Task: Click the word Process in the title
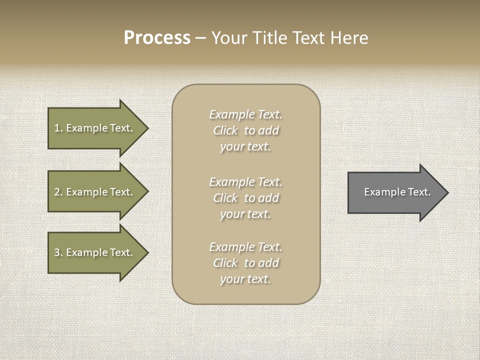pyautogui.click(x=157, y=38)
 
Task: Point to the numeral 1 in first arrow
pyautogui.click(x=57, y=128)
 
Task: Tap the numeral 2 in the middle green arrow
pyautogui.click(x=57, y=192)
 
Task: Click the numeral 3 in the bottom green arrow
pyautogui.click(x=57, y=252)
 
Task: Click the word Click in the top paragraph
pyautogui.click(x=225, y=130)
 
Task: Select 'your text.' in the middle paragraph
pyautogui.click(x=245, y=214)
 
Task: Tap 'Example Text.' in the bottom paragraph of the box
pyautogui.click(x=245, y=247)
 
